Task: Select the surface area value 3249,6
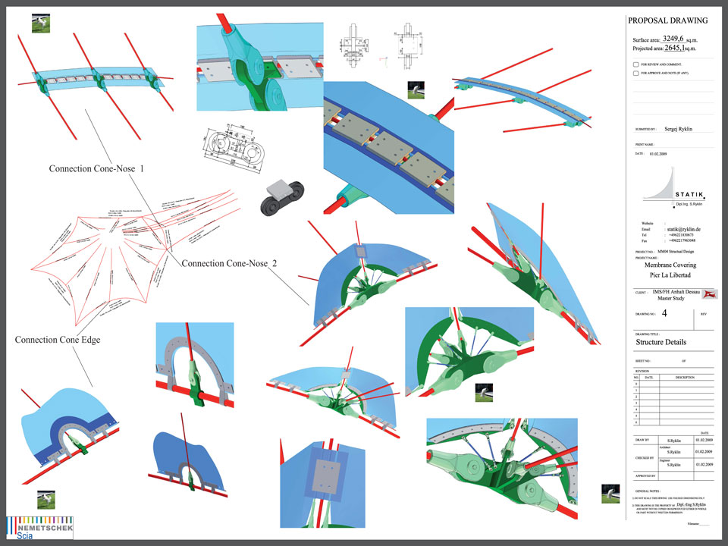(677, 38)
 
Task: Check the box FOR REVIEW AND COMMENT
(635, 65)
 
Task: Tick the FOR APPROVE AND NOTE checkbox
(635, 74)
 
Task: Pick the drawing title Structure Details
(662, 342)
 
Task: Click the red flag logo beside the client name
(711, 293)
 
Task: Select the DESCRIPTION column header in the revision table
(685, 378)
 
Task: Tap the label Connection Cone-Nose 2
(229, 263)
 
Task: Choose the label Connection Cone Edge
(58, 340)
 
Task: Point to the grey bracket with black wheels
(278, 195)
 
